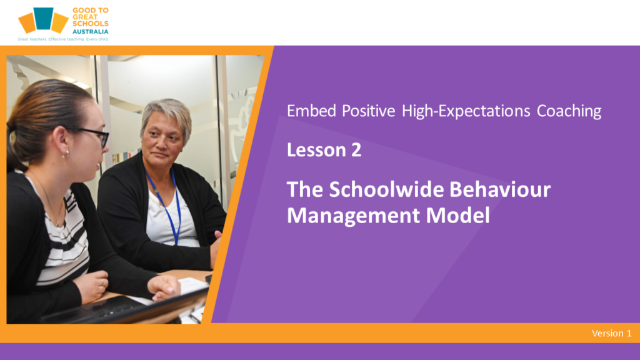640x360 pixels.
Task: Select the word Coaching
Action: (x=569, y=111)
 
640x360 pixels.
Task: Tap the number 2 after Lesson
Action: (x=356, y=150)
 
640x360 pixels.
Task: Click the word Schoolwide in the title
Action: (x=386, y=189)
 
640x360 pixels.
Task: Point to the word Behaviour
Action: (x=500, y=189)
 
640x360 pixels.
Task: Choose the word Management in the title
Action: (x=353, y=216)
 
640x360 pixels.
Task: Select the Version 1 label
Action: (x=611, y=333)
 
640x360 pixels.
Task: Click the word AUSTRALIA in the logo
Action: (x=90, y=31)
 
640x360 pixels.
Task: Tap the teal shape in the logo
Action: (x=43, y=18)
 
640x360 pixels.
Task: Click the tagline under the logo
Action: (x=63, y=39)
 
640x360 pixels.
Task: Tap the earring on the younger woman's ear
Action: (x=65, y=154)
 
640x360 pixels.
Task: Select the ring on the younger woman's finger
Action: (x=102, y=282)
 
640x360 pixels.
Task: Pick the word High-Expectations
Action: (x=466, y=111)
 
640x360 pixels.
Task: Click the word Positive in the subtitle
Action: (x=368, y=111)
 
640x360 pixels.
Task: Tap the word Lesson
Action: (x=316, y=150)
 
